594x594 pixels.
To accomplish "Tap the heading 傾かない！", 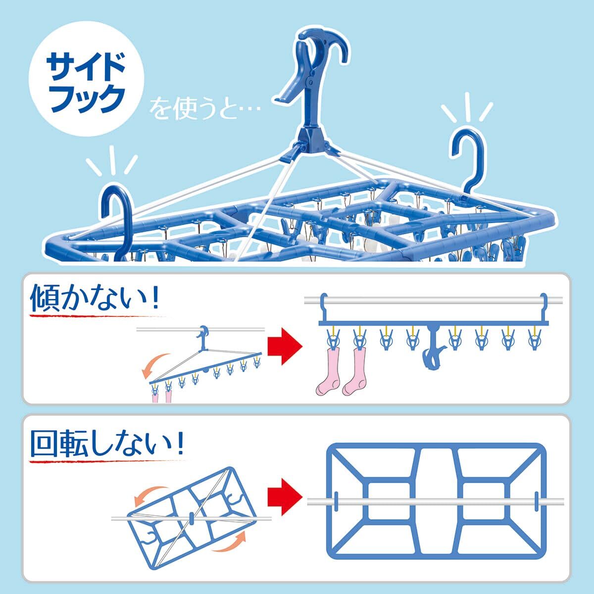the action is [95, 299].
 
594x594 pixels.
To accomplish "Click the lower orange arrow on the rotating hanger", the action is [230, 546].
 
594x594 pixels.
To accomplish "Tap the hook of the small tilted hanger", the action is [204, 334].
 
